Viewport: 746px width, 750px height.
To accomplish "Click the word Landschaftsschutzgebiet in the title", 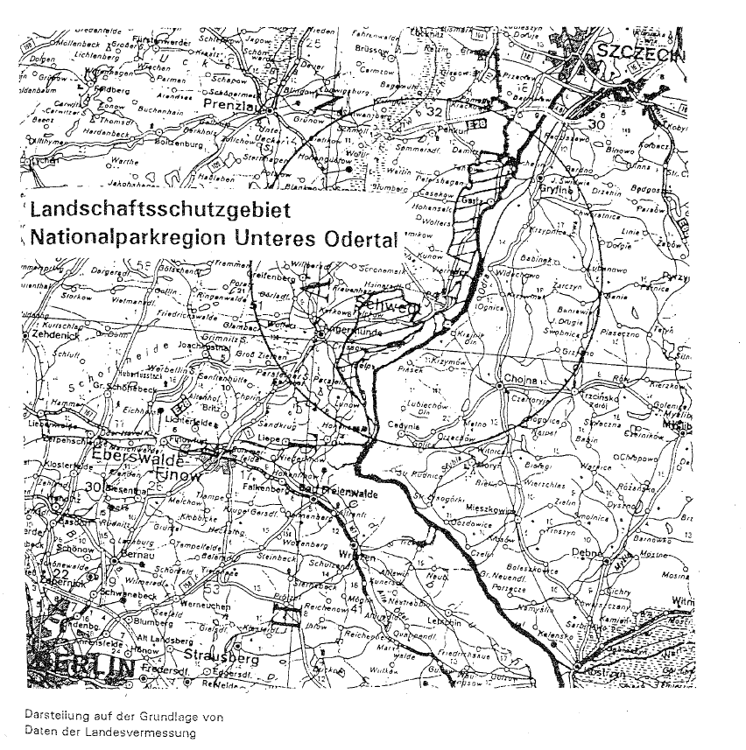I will tap(151, 211).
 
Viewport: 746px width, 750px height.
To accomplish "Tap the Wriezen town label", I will tap(359, 557).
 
